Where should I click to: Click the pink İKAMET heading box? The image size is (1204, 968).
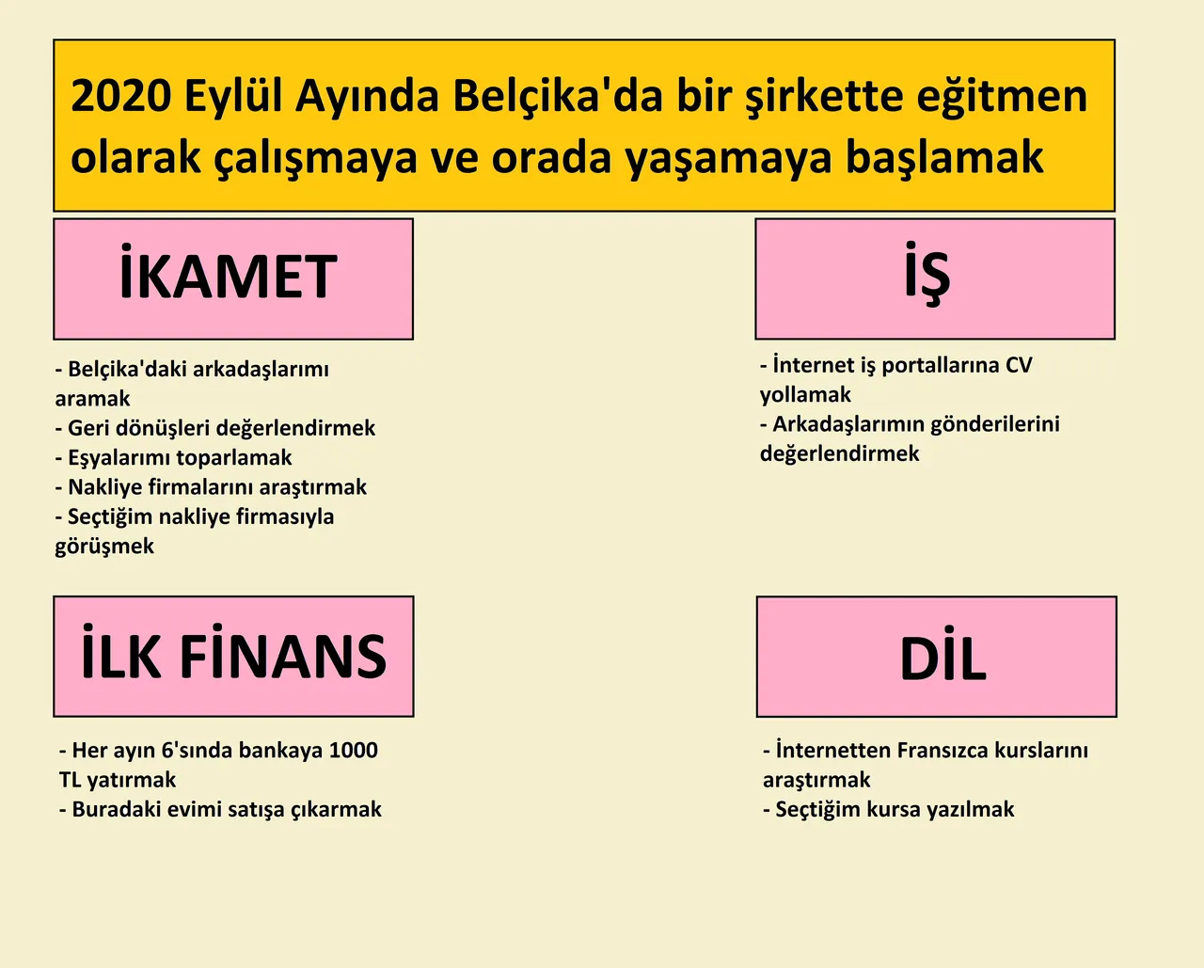[233, 279]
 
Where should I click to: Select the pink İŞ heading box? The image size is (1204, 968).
[935, 279]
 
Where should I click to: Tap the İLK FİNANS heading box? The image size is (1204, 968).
[234, 657]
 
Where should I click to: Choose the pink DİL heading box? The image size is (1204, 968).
[937, 657]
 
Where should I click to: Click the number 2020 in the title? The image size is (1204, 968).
[121, 96]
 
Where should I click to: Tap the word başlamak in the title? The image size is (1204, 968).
[944, 158]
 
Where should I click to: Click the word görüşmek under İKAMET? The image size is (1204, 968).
[104, 547]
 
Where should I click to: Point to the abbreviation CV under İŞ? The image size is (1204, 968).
[1019, 365]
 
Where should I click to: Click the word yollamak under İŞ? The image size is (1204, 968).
[805, 395]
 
